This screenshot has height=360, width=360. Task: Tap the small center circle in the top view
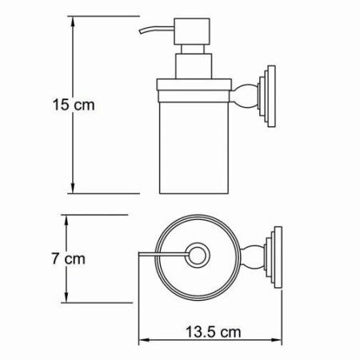click(195, 255)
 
